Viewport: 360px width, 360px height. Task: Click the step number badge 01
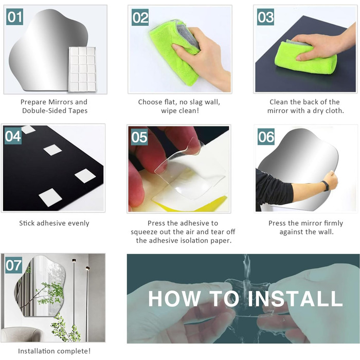pos(14,17)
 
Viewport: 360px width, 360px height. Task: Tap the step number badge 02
pos(140,17)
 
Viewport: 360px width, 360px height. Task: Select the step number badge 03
pos(265,17)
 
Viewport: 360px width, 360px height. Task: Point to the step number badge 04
pos(13,136)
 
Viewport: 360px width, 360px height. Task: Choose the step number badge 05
pos(139,137)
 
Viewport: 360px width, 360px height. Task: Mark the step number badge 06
pos(266,137)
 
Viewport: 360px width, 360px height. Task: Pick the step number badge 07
pos(14,265)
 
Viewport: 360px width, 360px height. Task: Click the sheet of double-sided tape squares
pos(82,69)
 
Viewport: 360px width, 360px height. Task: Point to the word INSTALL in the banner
pos(295,298)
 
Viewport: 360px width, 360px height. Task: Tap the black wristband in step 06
pos(326,186)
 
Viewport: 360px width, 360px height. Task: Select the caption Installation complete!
pos(55,351)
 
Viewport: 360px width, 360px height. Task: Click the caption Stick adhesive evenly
pos(54,223)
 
